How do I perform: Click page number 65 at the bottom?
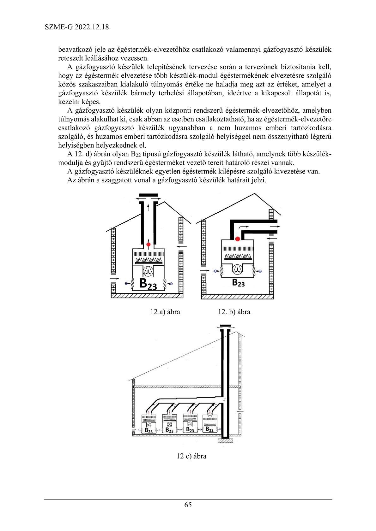188,505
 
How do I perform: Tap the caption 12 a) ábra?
165,312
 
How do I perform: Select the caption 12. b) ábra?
234,312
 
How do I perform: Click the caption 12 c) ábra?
191,456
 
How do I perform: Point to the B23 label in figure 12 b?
238,283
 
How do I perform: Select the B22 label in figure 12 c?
209,429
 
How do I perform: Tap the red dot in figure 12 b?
237,239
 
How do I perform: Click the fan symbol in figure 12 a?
148,271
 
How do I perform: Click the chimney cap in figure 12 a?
148,195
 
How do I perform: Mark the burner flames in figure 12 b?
238,256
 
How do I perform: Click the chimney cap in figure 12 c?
225,326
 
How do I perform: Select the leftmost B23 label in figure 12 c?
149,430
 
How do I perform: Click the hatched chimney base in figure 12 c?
225,440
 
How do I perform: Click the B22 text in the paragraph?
136,154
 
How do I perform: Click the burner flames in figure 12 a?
149,261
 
